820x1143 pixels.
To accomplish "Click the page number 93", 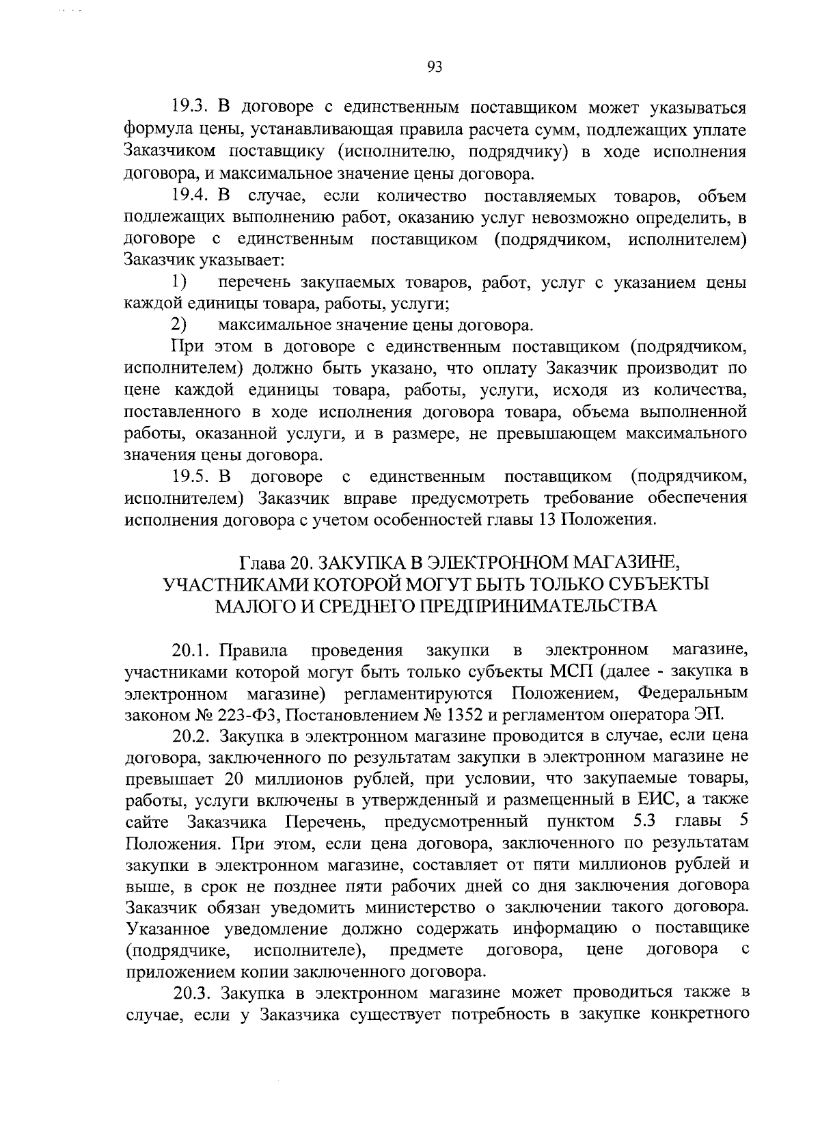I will [435, 66].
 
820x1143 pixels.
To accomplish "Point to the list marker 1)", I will [179, 281].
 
